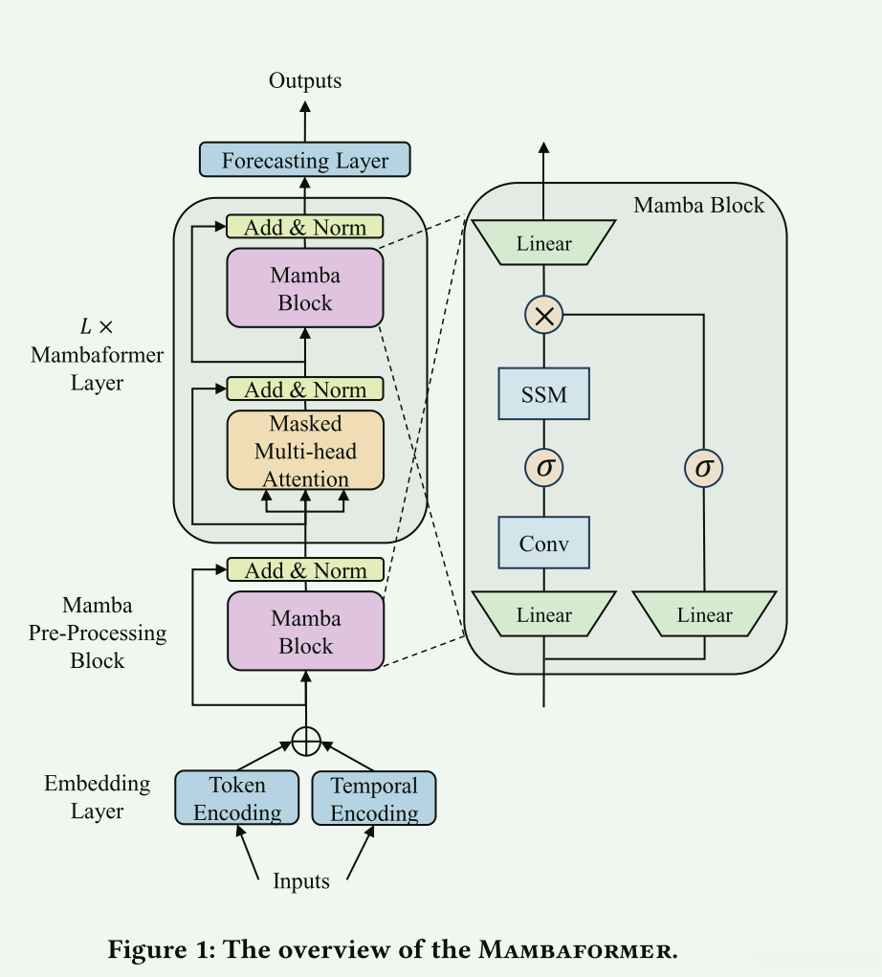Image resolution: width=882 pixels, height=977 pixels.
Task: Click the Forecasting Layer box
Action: (305, 160)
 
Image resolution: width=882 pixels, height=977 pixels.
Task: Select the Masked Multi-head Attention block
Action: (305, 450)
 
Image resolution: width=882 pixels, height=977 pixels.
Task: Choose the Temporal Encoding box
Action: (374, 799)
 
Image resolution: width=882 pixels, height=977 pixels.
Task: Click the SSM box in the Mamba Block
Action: (544, 392)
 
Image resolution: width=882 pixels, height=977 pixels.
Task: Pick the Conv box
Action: (544, 544)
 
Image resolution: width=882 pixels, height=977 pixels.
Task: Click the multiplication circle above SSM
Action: (544, 314)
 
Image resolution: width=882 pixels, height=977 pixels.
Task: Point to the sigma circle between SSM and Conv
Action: (544, 468)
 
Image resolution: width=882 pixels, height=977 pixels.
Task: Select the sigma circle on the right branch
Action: (704, 468)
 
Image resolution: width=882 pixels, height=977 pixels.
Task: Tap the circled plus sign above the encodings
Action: (306, 741)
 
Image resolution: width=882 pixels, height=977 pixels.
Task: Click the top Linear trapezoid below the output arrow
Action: (544, 243)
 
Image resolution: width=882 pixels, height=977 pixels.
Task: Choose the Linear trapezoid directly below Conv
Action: (544, 614)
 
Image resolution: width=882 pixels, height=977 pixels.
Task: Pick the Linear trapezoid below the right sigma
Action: (704, 614)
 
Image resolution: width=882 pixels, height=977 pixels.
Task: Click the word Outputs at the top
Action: (305, 80)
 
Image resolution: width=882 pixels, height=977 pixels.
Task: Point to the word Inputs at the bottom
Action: (301, 881)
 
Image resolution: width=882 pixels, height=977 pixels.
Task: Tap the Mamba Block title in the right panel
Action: (699, 205)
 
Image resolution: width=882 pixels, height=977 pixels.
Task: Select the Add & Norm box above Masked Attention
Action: (305, 389)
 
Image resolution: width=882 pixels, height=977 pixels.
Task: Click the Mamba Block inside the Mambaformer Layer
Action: (305, 288)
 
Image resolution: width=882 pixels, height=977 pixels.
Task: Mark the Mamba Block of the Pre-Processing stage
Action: (305, 632)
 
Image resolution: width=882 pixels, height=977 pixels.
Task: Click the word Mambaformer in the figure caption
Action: (579, 950)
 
